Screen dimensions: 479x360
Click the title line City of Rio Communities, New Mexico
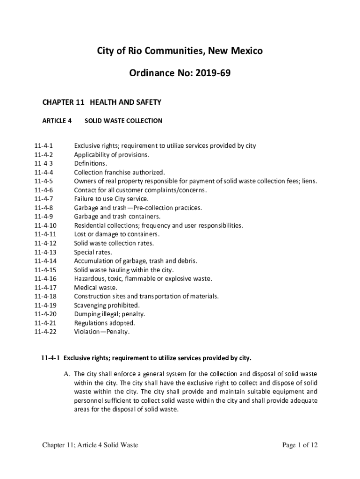[180, 51]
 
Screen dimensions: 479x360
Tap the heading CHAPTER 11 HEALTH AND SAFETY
[102, 102]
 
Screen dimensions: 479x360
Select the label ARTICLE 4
[57, 121]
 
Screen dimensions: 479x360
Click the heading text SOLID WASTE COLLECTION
[123, 121]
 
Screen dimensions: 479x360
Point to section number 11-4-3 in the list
[43, 163]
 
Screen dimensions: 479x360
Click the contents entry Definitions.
[91, 163]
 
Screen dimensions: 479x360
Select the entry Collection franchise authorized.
[119, 172]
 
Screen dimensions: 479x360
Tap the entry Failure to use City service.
[112, 199]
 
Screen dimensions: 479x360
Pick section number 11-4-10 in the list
[45, 225]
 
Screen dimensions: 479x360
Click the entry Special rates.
[93, 252]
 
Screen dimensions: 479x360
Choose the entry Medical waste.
[96, 288]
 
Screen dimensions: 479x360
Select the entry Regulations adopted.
[105, 323]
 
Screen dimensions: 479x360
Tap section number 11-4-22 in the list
[45, 332]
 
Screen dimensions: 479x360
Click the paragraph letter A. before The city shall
[67, 374]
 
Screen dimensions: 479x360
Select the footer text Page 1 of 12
[300, 445]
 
